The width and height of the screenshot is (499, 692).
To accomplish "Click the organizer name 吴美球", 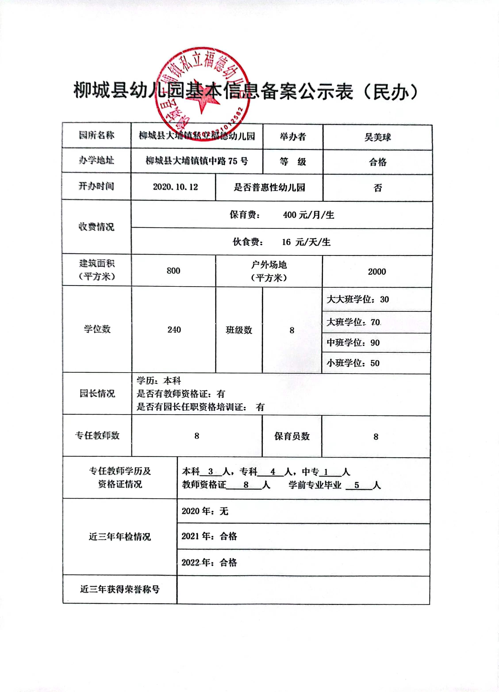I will pos(377,137).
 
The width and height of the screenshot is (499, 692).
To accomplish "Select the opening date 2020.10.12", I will pos(175,187).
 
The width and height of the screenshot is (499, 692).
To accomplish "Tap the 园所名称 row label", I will pos(96,135).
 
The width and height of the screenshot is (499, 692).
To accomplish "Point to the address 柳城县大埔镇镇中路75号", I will pos(197,161).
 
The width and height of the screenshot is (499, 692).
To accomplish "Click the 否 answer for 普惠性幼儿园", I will pos(378,188).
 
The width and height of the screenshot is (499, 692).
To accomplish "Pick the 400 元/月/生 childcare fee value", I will pos(308,215).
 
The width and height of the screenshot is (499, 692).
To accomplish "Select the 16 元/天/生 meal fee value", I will pos(306,242).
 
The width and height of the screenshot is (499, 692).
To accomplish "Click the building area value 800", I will pos(173,271).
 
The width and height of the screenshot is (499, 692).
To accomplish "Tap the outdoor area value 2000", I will pos(377,271).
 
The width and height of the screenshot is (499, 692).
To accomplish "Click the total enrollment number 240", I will pos(174,330).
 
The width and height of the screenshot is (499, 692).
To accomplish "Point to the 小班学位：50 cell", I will pos(353,363).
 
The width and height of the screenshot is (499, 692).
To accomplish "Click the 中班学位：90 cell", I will pos(353,343).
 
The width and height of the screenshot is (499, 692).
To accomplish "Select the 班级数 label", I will pos(239,330).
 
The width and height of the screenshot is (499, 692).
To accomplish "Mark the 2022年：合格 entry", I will pos(209,562).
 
